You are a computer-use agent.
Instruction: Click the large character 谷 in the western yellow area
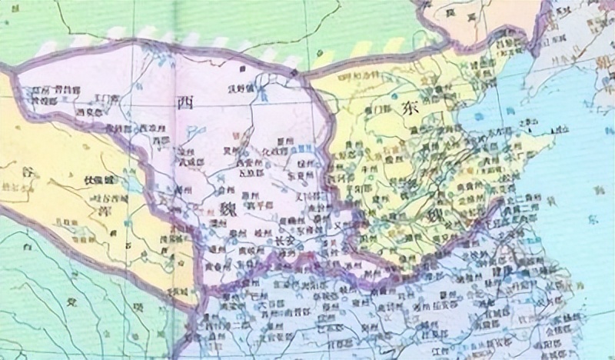(x=29, y=174)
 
